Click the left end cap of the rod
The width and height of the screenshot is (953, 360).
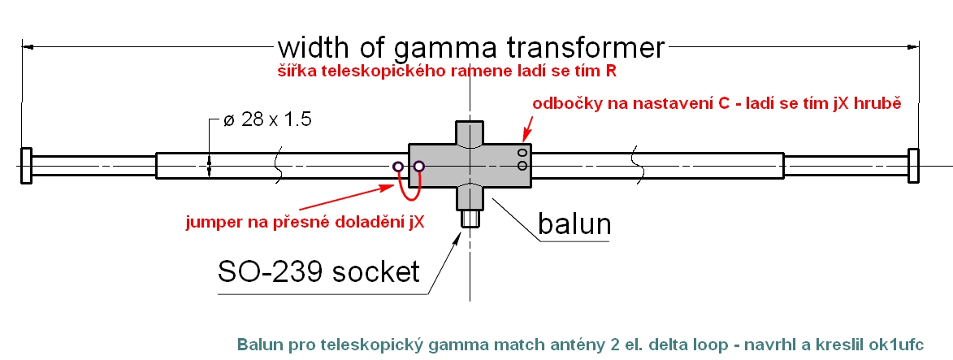click(25, 167)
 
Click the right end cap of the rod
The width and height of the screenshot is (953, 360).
click(914, 167)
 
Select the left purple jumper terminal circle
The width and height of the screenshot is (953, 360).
click(397, 167)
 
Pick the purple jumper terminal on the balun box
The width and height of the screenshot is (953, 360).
click(419, 167)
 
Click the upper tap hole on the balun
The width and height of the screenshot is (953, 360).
click(522, 153)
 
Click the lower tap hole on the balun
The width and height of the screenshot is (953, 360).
click(522, 167)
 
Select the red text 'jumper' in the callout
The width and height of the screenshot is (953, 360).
click(210, 220)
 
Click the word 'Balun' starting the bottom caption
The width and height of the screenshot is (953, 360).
click(258, 344)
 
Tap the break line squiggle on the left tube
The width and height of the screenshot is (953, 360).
click(278, 167)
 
